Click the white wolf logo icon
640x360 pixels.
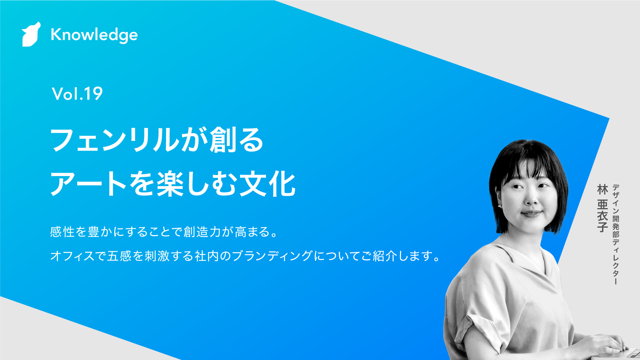coord(31,35)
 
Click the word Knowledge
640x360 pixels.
coord(94,35)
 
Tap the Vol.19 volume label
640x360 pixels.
coord(77,94)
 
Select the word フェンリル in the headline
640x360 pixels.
coord(115,140)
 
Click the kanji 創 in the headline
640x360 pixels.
coord(223,140)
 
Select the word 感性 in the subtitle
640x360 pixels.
coord(62,232)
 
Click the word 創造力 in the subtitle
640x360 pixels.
coord(202,232)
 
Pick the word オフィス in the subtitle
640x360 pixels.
coord(73,256)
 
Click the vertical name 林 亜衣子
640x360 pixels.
coord(603,208)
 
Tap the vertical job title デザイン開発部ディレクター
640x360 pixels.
coord(616,234)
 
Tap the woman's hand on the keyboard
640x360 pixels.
coord(601,343)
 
